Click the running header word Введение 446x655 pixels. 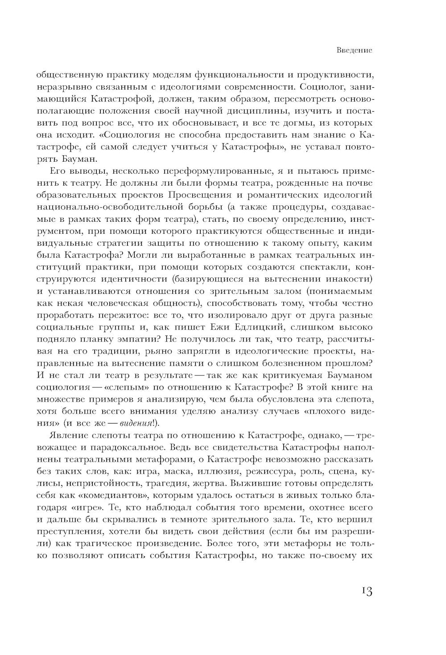354,51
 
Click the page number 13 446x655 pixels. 364,591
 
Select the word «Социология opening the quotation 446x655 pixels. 115,134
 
